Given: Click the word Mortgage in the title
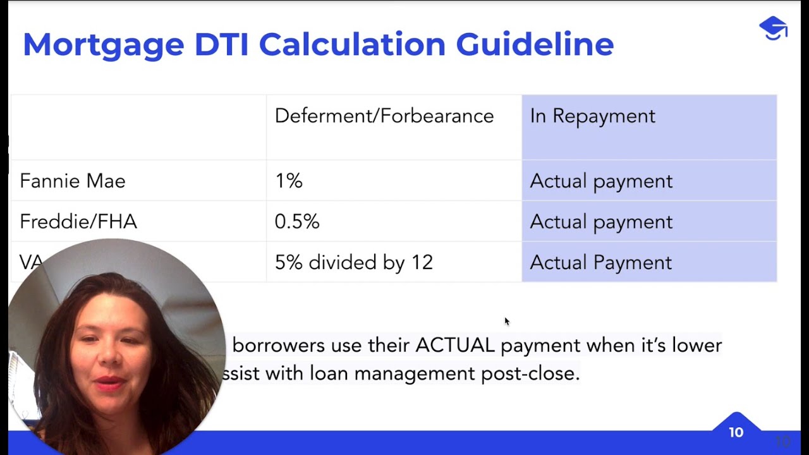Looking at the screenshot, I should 103,45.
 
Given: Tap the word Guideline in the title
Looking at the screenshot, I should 535,45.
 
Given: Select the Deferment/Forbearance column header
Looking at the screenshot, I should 384,116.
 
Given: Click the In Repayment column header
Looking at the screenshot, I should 592,116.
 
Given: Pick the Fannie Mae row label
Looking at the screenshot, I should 73,181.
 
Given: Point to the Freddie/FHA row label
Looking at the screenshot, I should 78,222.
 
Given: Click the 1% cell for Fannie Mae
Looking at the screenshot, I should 288,181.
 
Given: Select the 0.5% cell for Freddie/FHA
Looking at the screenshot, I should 297,222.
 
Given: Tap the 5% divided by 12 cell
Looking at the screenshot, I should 353,262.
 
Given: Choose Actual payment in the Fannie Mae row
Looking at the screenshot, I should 600,181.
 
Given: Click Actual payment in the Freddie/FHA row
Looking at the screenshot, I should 600,222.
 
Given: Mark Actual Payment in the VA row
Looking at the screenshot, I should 600,262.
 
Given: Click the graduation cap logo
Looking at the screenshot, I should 773,28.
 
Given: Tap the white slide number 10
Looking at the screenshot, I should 736,433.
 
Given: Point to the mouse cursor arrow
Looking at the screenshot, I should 506,321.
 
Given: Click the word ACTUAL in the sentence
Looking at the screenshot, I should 454,346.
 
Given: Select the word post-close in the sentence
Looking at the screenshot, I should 530,373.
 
